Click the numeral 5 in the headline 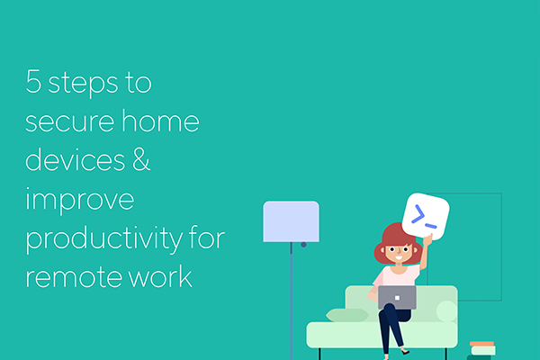click(x=33, y=81)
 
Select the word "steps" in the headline click(x=83, y=84)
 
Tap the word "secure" click(x=69, y=122)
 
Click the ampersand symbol click(x=141, y=159)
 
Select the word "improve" click(x=79, y=200)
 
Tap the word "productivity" click(x=104, y=239)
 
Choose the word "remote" click(x=74, y=277)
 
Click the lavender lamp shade click(x=291, y=221)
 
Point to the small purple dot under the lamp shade click(x=303, y=245)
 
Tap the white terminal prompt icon click(x=426, y=217)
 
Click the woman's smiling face click(x=399, y=253)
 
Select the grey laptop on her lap click(x=397, y=297)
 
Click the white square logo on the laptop click(x=397, y=298)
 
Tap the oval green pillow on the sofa click(x=347, y=315)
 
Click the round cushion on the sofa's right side click(x=446, y=311)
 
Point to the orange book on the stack click(x=481, y=344)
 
